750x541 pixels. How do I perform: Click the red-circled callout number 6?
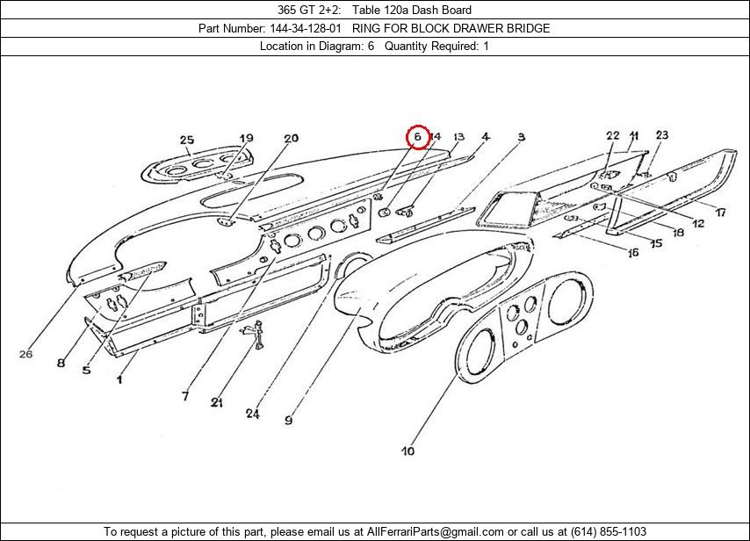click(x=418, y=137)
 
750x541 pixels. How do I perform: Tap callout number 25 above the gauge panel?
click(x=186, y=141)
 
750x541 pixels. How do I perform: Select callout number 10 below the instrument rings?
click(x=407, y=451)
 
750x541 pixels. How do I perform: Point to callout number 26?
click(x=25, y=354)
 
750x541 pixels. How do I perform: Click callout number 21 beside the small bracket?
click(x=216, y=402)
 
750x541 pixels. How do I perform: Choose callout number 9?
click(x=288, y=421)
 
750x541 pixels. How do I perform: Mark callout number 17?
click(x=719, y=213)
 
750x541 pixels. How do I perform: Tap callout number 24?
click(x=253, y=414)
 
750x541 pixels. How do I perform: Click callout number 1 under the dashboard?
click(x=119, y=379)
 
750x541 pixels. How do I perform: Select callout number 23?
click(x=661, y=135)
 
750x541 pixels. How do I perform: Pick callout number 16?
click(x=632, y=253)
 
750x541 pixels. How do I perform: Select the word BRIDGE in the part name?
click(x=528, y=28)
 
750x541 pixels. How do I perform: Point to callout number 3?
click(x=521, y=137)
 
